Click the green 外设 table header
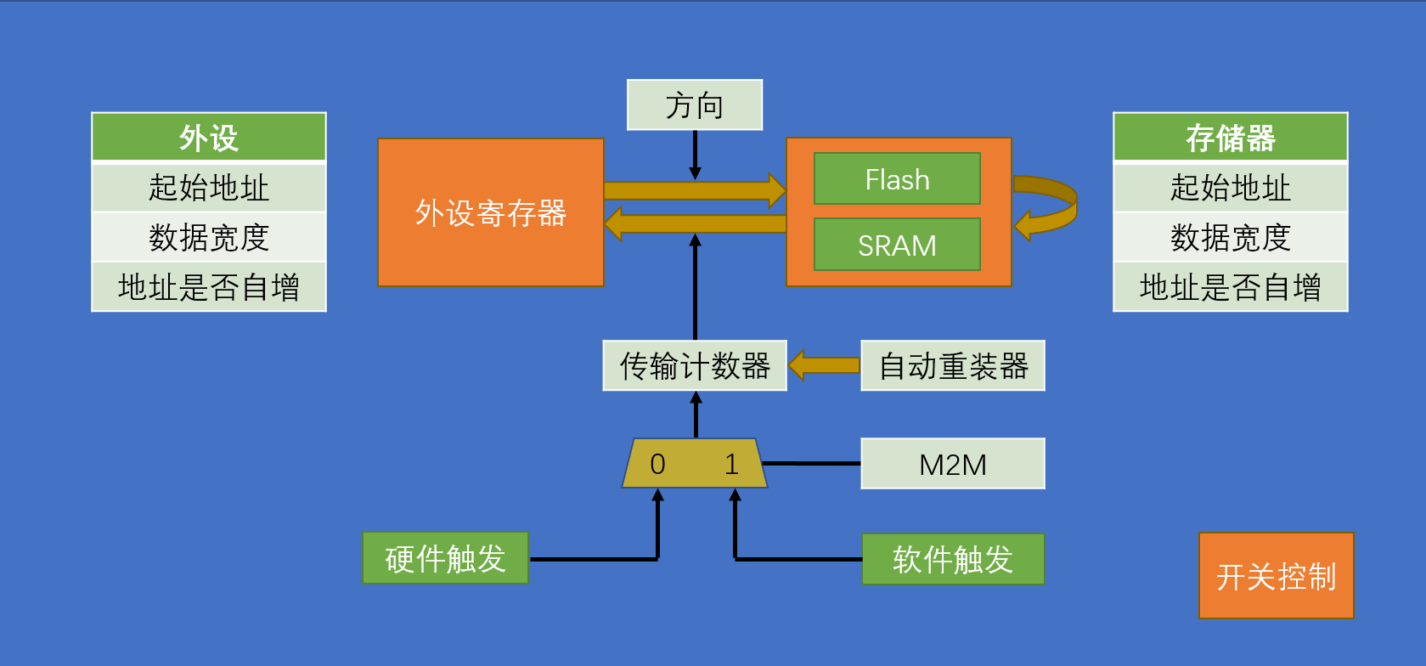(209, 137)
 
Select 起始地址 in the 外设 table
(209, 187)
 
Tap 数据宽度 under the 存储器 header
(1230, 237)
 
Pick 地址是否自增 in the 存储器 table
(1230, 287)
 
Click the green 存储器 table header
(1230, 137)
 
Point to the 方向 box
(695, 105)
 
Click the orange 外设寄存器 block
(490, 212)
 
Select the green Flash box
(897, 179)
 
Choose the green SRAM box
(897, 245)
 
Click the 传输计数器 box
(695, 366)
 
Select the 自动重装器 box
(952, 366)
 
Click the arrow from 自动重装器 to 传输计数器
(824, 365)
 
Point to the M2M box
(952, 464)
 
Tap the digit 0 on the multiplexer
(657, 464)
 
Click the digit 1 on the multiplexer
(731, 464)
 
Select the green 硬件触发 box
(445, 558)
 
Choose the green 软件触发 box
(952, 559)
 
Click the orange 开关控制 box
(1276, 576)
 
